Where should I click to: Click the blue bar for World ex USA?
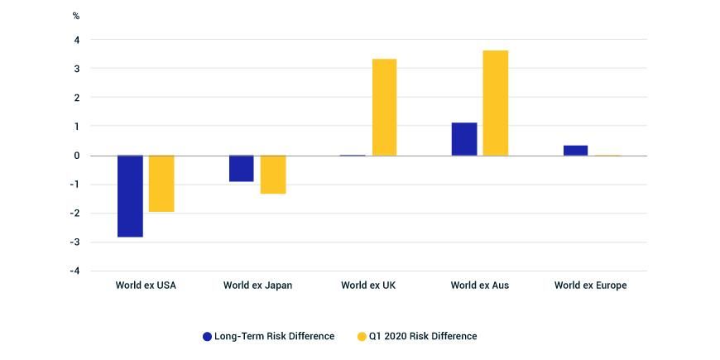point(130,195)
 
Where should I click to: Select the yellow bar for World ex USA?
point(161,183)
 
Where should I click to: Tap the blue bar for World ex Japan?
point(242,168)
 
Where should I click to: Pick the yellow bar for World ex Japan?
point(273,174)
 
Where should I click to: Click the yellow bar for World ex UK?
point(384,107)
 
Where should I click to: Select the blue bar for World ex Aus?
point(464,139)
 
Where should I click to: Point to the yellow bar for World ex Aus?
point(496,103)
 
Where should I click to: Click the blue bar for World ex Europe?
point(575,150)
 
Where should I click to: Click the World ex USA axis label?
point(146,286)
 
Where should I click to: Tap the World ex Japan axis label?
point(257,286)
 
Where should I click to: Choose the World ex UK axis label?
point(368,286)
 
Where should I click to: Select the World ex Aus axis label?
point(480,286)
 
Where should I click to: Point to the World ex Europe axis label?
point(591,286)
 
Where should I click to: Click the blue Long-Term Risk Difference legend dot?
point(208,336)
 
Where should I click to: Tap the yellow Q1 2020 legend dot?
point(362,336)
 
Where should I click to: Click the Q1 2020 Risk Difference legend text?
point(425,336)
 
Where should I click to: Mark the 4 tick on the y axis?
point(77,40)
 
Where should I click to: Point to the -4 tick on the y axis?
point(74,271)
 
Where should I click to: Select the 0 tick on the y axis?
point(77,156)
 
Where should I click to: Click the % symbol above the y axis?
point(76,16)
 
